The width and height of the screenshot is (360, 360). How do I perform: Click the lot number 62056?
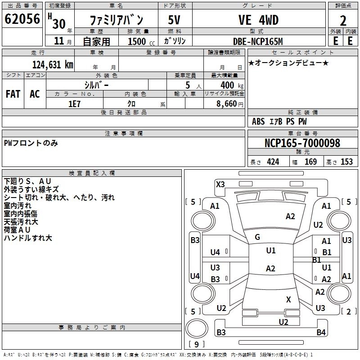pyautogui.click(x=22, y=19)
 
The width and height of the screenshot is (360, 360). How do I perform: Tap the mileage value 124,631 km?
pyautogui.click(x=53, y=65)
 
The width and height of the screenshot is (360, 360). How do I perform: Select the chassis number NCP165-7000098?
pyautogui.click(x=302, y=143)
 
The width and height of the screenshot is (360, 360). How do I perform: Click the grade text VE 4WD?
pyautogui.click(x=258, y=20)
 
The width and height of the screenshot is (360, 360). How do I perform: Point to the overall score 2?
pyautogui.click(x=343, y=21)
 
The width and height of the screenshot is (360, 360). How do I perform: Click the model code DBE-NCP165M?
pyautogui.click(x=258, y=41)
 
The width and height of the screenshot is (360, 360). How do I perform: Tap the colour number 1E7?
pyautogui.click(x=74, y=104)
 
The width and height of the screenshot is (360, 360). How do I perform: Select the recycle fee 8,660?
pyautogui.click(x=227, y=104)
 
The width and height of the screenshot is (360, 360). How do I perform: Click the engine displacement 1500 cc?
pyautogui.click(x=141, y=41)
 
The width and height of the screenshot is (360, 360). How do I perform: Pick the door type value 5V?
pyautogui.click(x=174, y=20)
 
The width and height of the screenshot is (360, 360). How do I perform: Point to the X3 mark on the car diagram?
pyautogui.click(x=220, y=184)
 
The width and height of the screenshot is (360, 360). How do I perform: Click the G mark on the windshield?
pyautogui.click(x=257, y=237)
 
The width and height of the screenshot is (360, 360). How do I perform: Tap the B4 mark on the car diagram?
pyautogui.click(x=321, y=332)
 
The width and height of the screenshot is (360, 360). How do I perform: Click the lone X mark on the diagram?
pyautogui.click(x=288, y=299)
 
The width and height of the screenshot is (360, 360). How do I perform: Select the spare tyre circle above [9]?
pyautogui.click(x=197, y=328)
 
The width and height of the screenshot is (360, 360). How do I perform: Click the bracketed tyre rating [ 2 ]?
pyautogui.click(x=349, y=311)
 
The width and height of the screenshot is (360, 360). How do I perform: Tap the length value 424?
pyautogui.click(x=273, y=162)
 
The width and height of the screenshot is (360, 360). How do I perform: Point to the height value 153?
pyautogui.click(x=346, y=162)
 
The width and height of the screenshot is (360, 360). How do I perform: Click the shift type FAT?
pyautogui.click(x=13, y=94)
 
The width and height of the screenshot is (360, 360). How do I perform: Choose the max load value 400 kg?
pyautogui.click(x=232, y=85)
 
